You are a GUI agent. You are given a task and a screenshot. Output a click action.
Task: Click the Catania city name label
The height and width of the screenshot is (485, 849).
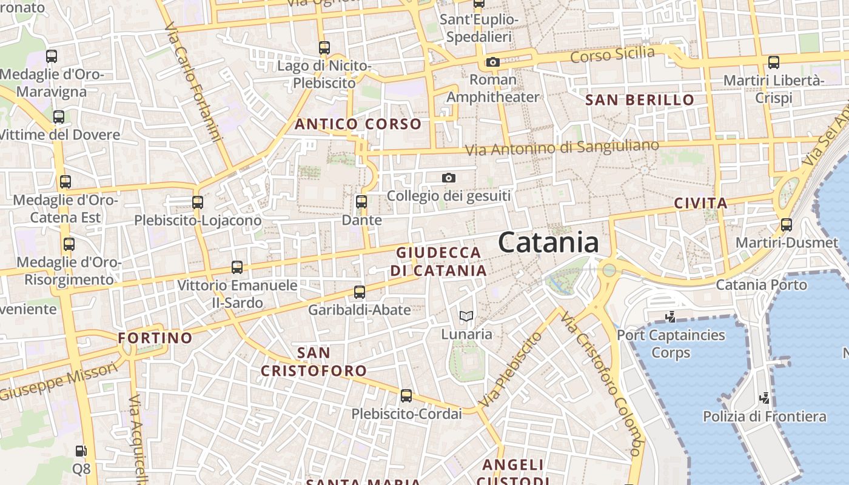(548, 242)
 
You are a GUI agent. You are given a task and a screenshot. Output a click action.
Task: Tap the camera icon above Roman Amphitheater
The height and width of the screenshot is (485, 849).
(492, 62)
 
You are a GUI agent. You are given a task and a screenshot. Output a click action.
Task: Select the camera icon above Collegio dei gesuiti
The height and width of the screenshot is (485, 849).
(449, 178)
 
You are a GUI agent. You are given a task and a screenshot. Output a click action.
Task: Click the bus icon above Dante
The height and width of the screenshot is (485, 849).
(361, 201)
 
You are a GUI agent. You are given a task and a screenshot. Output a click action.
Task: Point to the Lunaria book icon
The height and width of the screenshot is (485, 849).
(466, 316)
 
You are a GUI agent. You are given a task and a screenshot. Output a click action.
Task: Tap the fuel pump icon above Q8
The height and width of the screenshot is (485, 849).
(81, 451)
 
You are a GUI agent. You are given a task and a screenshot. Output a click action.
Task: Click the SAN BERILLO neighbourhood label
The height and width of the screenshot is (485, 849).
(640, 100)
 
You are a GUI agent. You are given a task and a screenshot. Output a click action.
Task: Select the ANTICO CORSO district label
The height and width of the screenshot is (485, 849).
(358, 124)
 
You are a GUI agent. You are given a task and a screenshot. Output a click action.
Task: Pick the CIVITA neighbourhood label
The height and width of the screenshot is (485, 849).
(700, 203)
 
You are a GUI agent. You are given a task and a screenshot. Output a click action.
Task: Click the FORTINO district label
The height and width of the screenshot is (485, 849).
(155, 338)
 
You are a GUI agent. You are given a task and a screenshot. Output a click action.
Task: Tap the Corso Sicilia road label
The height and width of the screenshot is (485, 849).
(612, 55)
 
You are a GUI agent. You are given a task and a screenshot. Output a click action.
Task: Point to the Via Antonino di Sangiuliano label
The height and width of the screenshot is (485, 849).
(562, 147)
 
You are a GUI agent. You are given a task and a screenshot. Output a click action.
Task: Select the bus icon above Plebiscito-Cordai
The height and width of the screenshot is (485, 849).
(406, 396)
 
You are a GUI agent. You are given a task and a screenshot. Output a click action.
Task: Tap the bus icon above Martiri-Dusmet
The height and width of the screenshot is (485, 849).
(787, 225)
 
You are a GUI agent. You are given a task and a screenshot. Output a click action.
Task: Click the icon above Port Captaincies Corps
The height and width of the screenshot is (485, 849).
(670, 316)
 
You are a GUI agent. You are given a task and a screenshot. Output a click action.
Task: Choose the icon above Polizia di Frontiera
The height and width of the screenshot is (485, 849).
(765, 398)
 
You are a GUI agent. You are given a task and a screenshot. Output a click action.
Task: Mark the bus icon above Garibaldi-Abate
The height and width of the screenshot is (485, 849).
(360, 292)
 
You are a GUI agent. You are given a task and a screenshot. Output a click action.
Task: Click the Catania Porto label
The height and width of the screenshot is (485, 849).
(761, 285)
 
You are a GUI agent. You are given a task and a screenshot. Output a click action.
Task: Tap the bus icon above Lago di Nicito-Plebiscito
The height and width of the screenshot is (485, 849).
(324, 47)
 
